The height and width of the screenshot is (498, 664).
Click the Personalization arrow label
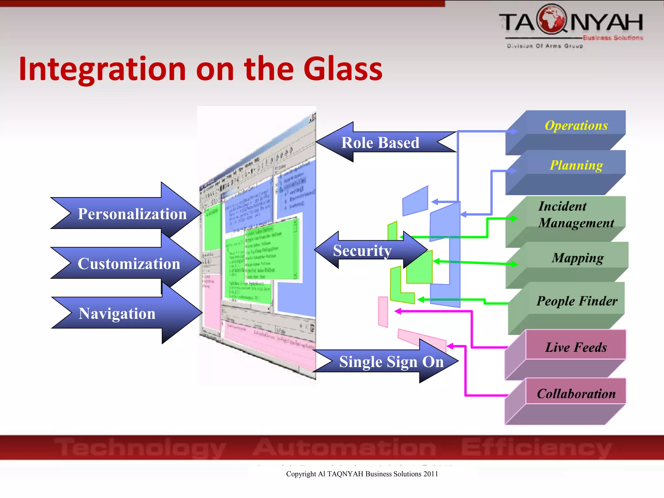(x=132, y=214)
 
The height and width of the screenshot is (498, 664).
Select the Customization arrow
(x=129, y=264)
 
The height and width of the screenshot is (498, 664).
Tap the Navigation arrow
(x=117, y=314)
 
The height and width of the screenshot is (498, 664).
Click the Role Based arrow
(x=380, y=143)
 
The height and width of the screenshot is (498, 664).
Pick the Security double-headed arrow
(x=362, y=251)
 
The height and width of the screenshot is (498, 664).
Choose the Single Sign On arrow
(x=391, y=362)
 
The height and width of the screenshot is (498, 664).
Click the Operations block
(x=576, y=125)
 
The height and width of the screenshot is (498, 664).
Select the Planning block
(x=576, y=165)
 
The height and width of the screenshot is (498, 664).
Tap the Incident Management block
(x=576, y=215)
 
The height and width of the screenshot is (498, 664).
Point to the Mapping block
(x=577, y=258)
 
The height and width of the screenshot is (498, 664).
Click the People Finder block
(x=576, y=301)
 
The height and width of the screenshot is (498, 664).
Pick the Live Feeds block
(x=575, y=347)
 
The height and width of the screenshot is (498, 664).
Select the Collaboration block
(x=576, y=394)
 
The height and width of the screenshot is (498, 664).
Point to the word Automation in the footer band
(x=344, y=448)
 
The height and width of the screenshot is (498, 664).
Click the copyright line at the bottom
(x=362, y=474)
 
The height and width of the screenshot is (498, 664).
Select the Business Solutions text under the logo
(x=612, y=38)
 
